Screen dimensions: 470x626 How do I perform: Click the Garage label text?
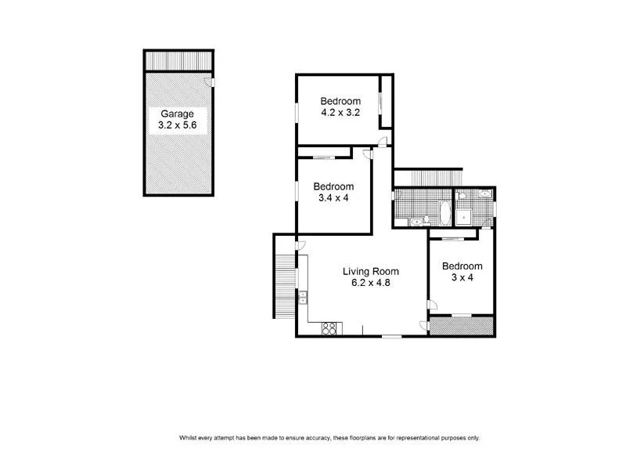pyautogui.click(x=178, y=114)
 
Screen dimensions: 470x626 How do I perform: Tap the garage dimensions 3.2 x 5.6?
pyautogui.click(x=178, y=125)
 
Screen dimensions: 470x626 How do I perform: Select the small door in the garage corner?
pyautogui.click(x=208, y=82)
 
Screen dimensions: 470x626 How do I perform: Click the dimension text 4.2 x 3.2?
pyautogui.click(x=340, y=113)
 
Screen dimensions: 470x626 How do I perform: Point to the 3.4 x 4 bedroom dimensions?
pyautogui.click(x=333, y=199)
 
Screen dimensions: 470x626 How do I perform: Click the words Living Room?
pyautogui.click(x=371, y=272)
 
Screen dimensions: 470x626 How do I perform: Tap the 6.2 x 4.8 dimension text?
pyautogui.click(x=371, y=284)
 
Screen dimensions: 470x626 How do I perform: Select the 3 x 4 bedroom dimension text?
pyautogui.click(x=461, y=277)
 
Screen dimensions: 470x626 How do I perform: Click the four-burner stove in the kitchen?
pyautogui.click(x=329, y=328)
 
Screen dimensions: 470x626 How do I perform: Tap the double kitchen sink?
pyautogui.click(x=302, y=297)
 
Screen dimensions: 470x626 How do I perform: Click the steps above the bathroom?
pyautogui.click(x=427, y=178)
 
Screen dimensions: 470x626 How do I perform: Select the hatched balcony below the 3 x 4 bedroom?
pyautogui.click(x=461, y=325)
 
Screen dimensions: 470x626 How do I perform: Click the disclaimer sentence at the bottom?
pyautogui.click(x=329, y=438)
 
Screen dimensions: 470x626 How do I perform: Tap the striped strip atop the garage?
pyautogui.click(x=178, y=60)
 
